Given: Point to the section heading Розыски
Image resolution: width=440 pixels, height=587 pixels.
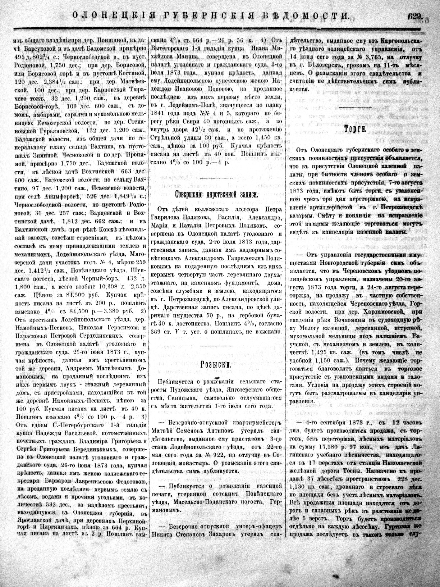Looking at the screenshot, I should (215, 364).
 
